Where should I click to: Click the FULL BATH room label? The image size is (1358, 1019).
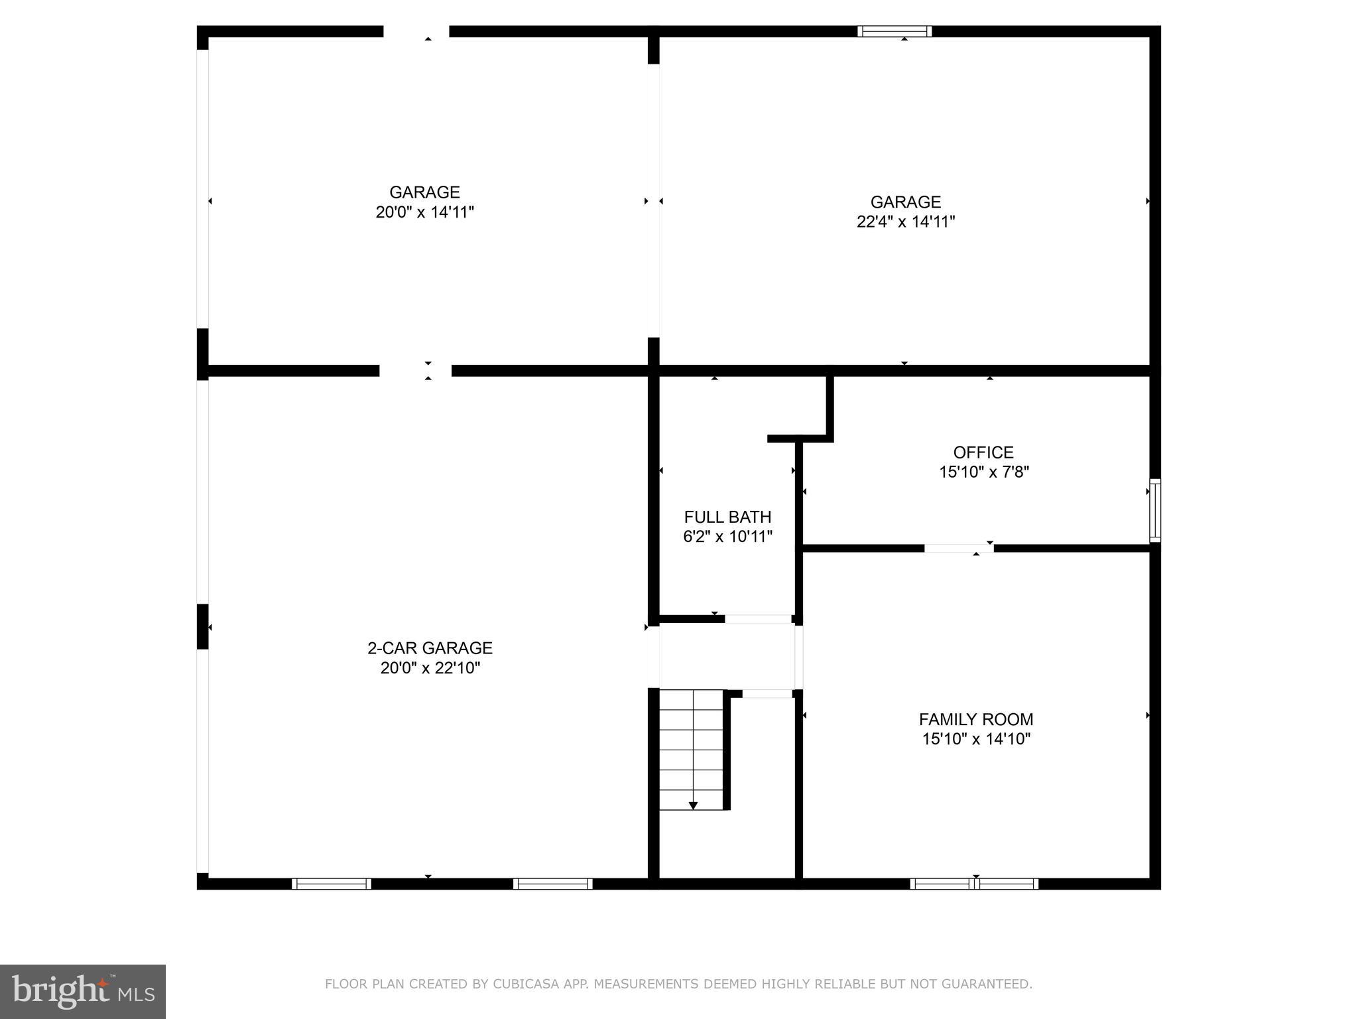(727, 517)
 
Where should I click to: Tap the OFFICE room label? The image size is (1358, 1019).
(983, 452)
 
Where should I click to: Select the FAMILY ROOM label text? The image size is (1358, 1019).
(975, 719)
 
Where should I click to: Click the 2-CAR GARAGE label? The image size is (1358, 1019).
(430, 648)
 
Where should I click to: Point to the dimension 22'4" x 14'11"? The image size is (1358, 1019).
(905, 222)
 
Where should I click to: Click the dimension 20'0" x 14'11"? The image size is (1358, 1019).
(424, 212)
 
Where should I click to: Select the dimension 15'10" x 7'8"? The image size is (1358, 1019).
(983, 472)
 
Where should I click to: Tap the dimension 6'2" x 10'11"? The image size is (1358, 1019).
(727, 537)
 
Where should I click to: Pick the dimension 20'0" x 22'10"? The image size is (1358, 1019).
(430, 668)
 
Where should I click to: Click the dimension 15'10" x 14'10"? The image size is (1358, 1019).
(975, 739)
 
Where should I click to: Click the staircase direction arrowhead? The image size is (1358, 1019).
(693, 805)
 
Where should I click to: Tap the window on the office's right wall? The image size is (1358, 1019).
(1155, 510)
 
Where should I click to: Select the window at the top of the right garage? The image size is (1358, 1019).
(895, 31)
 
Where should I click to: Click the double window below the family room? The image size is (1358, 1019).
(974, 884)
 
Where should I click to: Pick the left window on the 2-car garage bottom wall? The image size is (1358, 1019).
(331, 884)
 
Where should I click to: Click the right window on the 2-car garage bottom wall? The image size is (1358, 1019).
(552, 884)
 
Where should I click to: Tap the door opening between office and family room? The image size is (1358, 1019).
(959, 548)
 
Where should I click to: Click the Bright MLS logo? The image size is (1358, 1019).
(83, 991)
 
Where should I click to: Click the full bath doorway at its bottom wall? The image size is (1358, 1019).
(759, 619)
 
